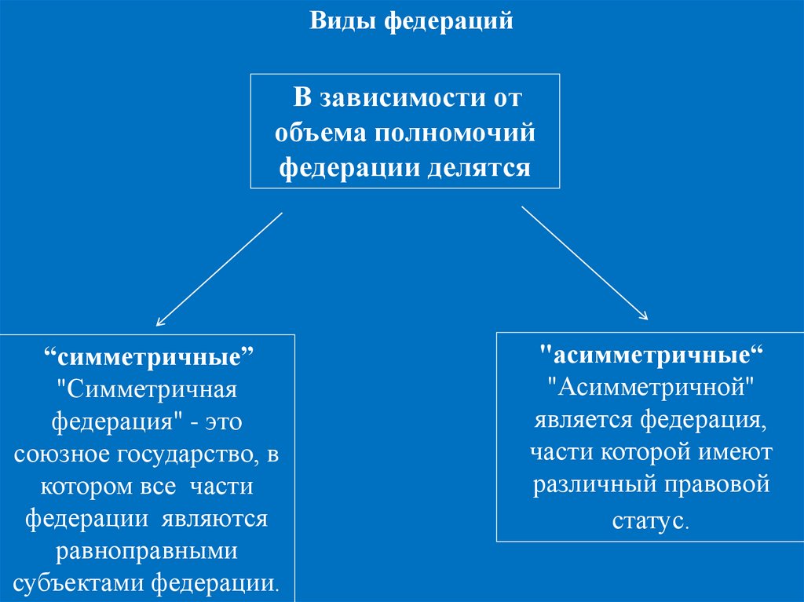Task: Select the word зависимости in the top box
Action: point(397,99)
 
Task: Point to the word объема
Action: point(320,133)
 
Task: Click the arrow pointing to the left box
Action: point(219,269)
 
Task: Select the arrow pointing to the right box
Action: point(584,263)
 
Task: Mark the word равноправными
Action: point(148,552)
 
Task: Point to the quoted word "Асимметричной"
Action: point(651,387)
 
